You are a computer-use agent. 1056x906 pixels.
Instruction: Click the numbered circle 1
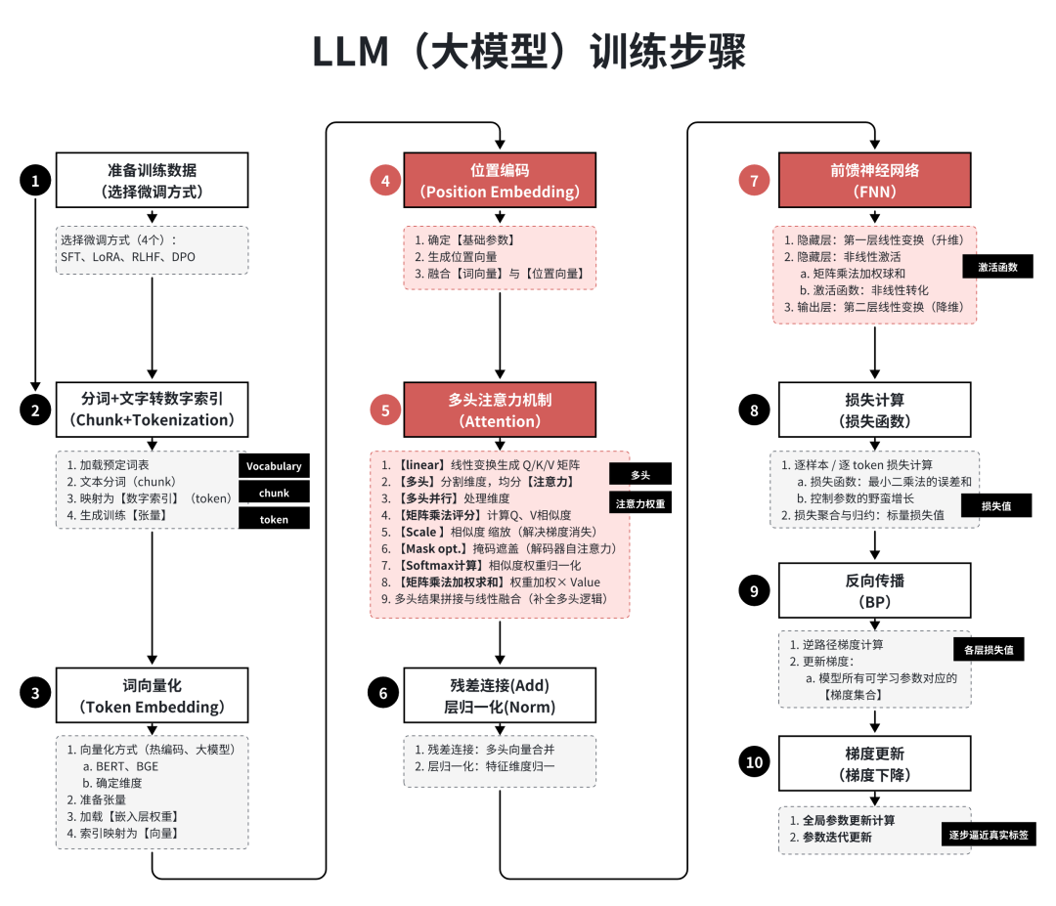[35, 180]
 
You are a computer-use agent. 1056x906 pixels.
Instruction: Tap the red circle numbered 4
[385, 180]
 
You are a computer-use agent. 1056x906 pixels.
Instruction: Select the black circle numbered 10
[754, 763]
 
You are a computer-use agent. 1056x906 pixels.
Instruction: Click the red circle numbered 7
[754, 180]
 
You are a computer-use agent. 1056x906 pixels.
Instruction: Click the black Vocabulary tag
[274, 466]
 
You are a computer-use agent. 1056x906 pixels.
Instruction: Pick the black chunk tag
[274, 493]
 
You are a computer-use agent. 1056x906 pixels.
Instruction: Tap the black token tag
[274, 519]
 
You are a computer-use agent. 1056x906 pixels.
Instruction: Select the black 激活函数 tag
[997, 266]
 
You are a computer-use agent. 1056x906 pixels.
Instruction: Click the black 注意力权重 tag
[640, 503]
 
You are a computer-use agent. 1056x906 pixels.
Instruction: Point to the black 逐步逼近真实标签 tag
[989, 836]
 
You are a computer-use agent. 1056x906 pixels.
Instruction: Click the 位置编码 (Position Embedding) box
[500, 180]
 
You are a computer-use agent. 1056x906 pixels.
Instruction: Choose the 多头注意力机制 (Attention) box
[500, 410]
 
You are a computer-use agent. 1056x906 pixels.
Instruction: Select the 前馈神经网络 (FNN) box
[874, 180]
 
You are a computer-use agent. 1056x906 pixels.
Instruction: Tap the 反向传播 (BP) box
[874, 591]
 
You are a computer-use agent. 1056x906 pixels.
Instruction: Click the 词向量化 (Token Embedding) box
[153, 695]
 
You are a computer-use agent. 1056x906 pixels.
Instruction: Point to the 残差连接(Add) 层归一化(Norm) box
[500, 695]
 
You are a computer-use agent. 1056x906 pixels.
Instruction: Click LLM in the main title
[350, 53]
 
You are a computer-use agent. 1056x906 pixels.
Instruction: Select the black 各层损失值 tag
[988, 648]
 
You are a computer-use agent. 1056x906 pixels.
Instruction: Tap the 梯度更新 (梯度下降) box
[874, 763]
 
